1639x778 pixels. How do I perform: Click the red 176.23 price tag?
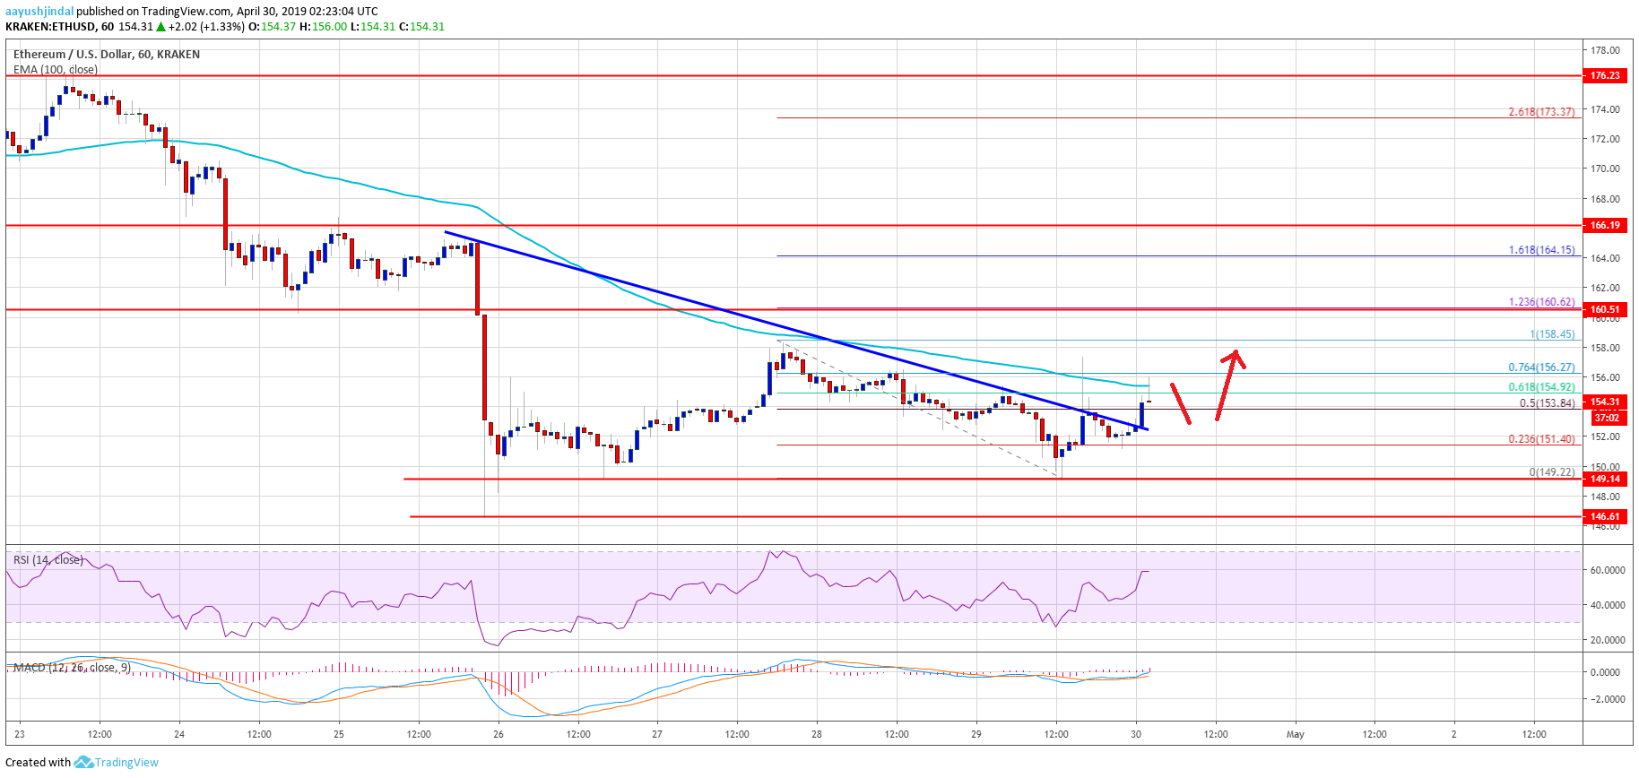point(1605,76)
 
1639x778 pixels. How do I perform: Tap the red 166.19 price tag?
point(1605,226)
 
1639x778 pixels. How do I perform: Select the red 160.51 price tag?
point(1605,310)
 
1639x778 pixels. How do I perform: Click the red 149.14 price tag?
point(1605,480)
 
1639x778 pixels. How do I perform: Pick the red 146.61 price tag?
point(1605,517)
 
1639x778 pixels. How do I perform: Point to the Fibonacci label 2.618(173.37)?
point(1541,112)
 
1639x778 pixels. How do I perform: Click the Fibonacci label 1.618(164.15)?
point(1541,250)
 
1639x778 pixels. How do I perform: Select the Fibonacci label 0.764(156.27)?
point(1541,367)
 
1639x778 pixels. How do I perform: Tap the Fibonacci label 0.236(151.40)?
point(1541,439)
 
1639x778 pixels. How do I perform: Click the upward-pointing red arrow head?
point(1236,356)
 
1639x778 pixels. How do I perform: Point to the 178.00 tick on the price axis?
point(1605,50)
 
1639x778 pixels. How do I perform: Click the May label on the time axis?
point(1295,734)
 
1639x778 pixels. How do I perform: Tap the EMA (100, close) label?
point(56,69)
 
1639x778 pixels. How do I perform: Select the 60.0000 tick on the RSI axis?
point(1607,570)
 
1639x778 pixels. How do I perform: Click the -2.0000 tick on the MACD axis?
point(1605,699)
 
